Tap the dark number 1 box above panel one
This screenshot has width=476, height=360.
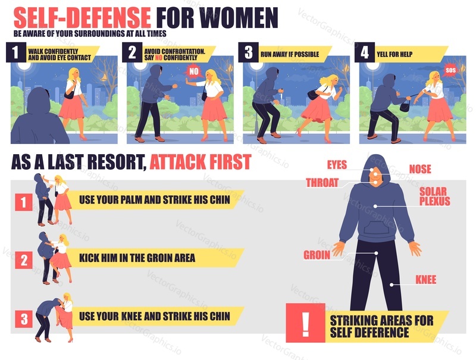pyautogui.click(x=16, y=52)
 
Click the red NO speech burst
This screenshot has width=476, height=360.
pyautogui.click(x=194, y=71)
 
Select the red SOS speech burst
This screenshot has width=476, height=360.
pyautogui.click(x=450, y=70)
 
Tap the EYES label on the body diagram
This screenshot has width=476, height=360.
pyautogui.click(x=337, y=165)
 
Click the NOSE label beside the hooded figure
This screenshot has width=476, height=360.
pyautogui.click(x=420, y=169)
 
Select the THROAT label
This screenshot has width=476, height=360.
pyautogui.click(x=322, y=183)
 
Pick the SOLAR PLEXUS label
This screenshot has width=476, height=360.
pyautogui.click(x=435, y=196)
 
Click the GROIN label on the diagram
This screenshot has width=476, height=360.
pyautogui.click(x=317, y=255)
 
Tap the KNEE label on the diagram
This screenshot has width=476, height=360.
pyautogui.click(x=426, y=280)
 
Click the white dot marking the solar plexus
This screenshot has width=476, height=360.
pyautogui.click(x=375, y=206)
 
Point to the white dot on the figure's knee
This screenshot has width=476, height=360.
pyautogui.click(x=392, y=284)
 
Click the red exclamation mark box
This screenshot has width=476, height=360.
pyautogui.click(x=305, y=323)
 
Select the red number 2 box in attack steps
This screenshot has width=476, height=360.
pyautogui.click(x=24, y=260)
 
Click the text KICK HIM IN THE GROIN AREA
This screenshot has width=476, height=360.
pyautogui.click(x=137, y=258)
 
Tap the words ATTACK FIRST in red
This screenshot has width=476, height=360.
pyautogui.click(x=201, y=162)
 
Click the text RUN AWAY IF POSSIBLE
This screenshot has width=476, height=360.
pyautogui.click(x=290, y=54)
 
